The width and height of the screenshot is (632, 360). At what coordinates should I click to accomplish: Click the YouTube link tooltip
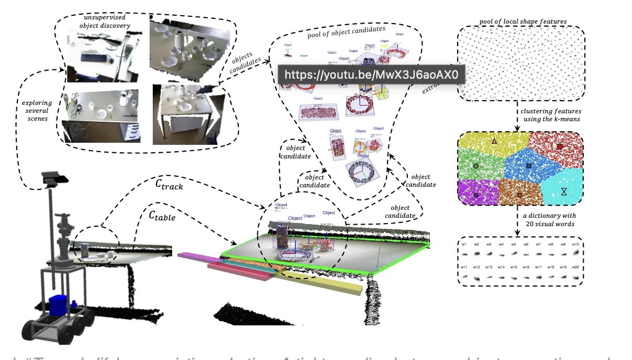point(372,75)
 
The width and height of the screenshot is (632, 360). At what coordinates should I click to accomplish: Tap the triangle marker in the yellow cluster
point(494,141)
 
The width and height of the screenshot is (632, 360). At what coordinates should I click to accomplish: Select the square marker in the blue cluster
point(529,166)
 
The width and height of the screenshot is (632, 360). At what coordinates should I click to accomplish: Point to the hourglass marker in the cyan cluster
point(564,192)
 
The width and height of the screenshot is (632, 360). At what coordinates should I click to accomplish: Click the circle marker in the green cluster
point(476,166)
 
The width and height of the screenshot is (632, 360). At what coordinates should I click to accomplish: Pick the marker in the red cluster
point(560,146)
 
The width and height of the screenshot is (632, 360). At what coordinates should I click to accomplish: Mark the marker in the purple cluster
point(476,195)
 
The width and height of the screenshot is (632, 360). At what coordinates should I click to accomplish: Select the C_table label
point(162,214)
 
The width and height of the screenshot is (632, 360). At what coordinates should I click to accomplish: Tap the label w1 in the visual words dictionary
point(464,245)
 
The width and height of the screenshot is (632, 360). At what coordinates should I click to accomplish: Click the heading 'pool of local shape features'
point(523,22)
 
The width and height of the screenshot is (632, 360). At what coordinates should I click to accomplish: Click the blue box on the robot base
point(58,305)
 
